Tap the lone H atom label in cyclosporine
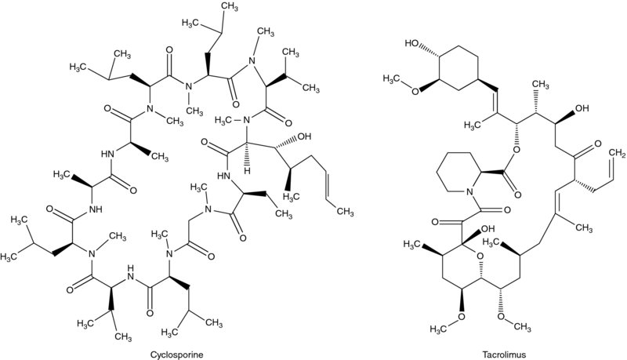point(245,170)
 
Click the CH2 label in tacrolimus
point(615,151)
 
